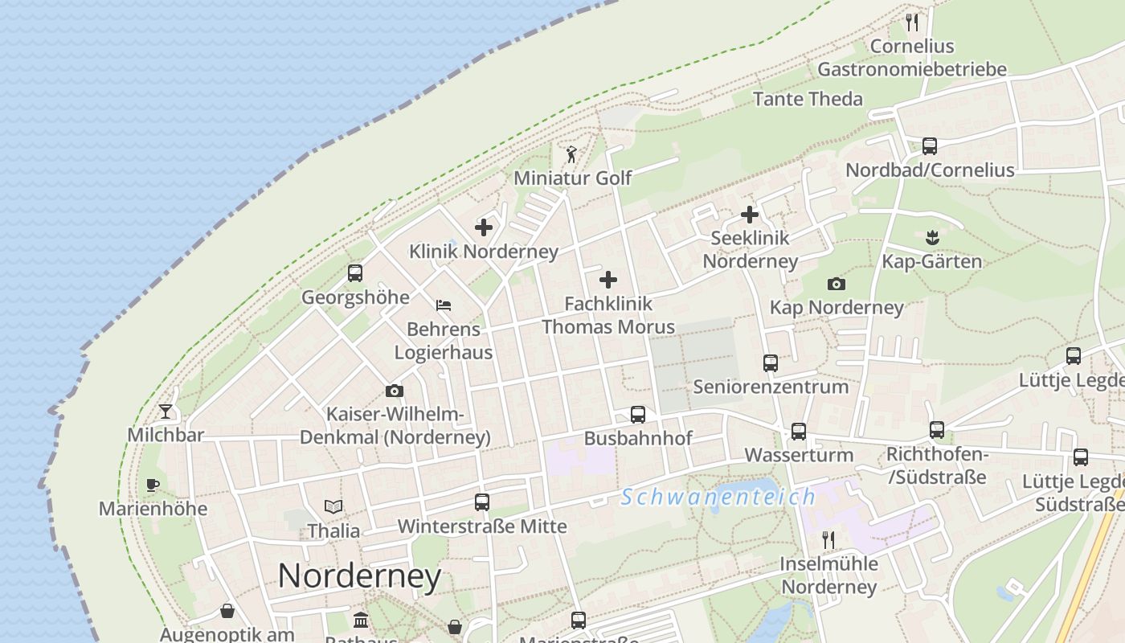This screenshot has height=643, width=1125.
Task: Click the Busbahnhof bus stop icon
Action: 637,415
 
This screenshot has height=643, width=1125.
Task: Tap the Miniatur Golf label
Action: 572,178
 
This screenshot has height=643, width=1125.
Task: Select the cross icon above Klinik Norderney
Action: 483,227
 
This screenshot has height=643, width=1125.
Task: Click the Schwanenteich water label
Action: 718,497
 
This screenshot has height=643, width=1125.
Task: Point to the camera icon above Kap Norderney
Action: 836,284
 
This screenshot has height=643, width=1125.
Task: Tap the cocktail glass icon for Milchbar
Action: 166,412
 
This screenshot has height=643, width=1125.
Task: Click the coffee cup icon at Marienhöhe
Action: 153,485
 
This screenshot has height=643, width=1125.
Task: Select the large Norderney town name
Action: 359,575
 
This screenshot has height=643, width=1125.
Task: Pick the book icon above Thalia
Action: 333,506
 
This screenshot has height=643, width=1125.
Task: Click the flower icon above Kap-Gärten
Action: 932,237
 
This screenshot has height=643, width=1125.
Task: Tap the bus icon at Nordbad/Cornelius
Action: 930,146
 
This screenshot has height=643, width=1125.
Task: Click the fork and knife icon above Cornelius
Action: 911,22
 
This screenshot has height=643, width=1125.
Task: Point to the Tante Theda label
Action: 808,99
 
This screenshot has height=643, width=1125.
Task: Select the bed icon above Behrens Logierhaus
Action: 444,305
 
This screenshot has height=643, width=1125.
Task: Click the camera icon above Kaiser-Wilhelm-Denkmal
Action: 394,391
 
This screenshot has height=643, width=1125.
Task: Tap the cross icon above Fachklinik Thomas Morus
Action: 608,280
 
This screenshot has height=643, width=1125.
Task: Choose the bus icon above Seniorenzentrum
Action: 771,362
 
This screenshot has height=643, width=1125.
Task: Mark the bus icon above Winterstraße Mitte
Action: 482,502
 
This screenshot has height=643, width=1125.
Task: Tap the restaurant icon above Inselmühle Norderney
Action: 828,539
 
